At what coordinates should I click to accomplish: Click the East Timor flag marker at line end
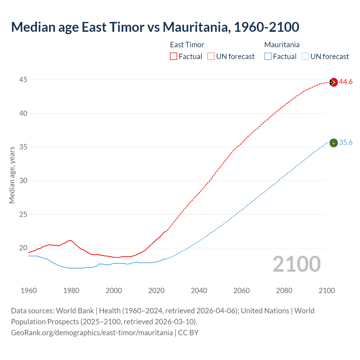pyautogui.click(x=333, y=82)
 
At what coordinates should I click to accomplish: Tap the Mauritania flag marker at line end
pyautogui.click(x=333, y=143)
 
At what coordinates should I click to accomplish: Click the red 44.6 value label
pyautogui.click(x=346, y=82)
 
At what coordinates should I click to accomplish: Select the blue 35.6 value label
pyautogui.click(x=346, y=143)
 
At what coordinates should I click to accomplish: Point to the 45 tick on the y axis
pyautogui.click(x=23, y=80)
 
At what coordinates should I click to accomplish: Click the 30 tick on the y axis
pyautogui.click(x=23, y=181)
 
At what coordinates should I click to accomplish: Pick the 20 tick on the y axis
pyautogui.click(x=23, y=248)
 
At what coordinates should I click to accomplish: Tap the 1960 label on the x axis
pyautogui.click(x=29, y=291)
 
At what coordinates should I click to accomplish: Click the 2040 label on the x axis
pyautogui.click(x=199, y=291)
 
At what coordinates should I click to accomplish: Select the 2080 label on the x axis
pyautogui.click(x=284, y=291)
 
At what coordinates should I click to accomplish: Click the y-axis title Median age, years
pyautogui.click(x=12, y=175)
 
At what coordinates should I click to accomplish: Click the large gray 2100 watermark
pyautogui.click(x=296, y=264)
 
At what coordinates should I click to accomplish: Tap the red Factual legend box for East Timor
pyautogui.click(x=174, y=57)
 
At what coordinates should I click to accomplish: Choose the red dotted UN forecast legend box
pyautogui.click(x=211, y=57)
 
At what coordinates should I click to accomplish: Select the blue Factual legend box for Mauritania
pyautogui.click(x=268, y=57)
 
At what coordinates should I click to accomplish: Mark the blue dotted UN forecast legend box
pyautogui.click(x=305, y=57)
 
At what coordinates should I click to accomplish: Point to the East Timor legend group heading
pyautogui.click(x=187, y=45)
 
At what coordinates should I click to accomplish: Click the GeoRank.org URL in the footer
pyautogui.click(x=92, y=333)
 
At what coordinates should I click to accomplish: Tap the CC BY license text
pyautogui.click(x=188, y=333)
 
